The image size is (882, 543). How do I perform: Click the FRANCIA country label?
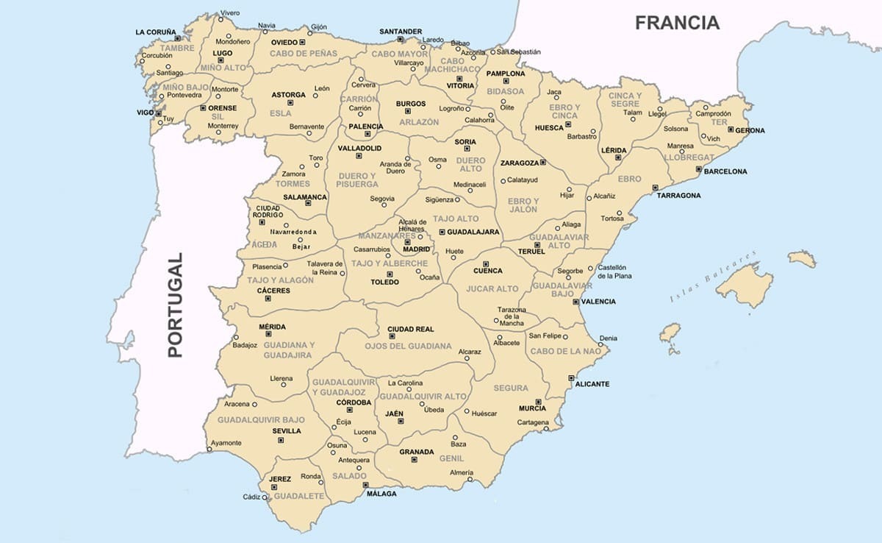[x=677, y=23]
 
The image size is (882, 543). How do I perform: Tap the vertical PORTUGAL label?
[x=175, y=305]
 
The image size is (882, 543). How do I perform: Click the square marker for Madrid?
[x=407, y=241]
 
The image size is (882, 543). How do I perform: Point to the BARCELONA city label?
[x=725, y=171]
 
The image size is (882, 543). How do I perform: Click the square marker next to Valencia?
[x=576, y=302]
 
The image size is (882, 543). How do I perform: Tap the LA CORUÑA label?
[x=156, y=32]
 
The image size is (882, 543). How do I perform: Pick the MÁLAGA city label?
[x=381, y=494]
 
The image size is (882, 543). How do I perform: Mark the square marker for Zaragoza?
[x=542, y=163]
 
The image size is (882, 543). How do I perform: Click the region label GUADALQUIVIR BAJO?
[x=251, y=419]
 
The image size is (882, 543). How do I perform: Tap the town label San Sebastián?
[x=518, y=52]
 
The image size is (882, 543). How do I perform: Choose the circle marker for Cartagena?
[x=546, y=427]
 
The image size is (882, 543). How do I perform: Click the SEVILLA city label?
[x=287, y=431]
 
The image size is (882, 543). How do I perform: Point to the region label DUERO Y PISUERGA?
[x=358, y=180]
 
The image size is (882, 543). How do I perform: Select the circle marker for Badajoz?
[x=235, y=336]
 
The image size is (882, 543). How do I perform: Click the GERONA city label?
[x=750, y=131]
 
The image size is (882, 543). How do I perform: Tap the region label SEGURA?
[x=511, y=388]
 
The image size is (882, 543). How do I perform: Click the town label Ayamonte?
[x=226, y=443]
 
